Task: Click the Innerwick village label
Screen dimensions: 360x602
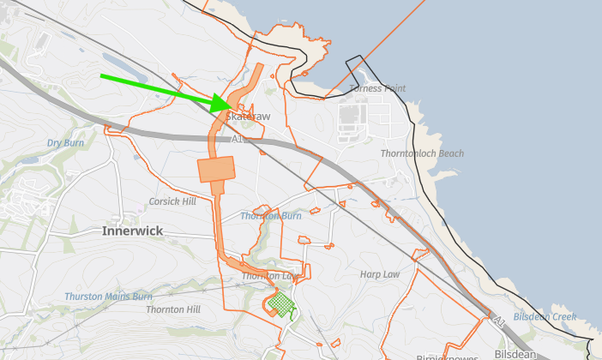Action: pyautogui.click(x=132, y=231)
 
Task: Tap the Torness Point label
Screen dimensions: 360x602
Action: pyautogui.click(x=377, y=88)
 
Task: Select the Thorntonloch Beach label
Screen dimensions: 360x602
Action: pyautogui.click(x=422, y=153)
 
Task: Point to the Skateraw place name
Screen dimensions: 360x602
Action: pyautogui.click(x=249, y=117)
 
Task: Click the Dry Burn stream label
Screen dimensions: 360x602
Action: pyautogui.click(x=66, y=143)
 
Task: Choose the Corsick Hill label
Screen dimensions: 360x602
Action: pyautogui.click(x=172, y=201)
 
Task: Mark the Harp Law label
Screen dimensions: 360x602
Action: pyautogui.click(x=380, y=274)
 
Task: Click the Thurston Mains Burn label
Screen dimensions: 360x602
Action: pyautogui.click(x=108, y=297)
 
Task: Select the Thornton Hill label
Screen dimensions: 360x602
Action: pyautogui.click(x=173, y=309)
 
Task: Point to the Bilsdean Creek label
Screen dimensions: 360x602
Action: pyautogui.click(x=545, y=317)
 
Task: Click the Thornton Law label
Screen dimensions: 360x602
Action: pyautogui.click(x=268, y=276)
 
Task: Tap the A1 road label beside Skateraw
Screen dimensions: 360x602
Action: pyautogui.click(x=238, y=138)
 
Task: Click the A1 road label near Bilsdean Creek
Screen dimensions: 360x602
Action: pyautogui.click(x=499, y=321)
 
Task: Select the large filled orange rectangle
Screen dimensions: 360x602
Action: pyautogui.click(x=216, y=169)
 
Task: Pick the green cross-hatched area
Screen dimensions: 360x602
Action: pyautogui.click(x=280, y=303)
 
